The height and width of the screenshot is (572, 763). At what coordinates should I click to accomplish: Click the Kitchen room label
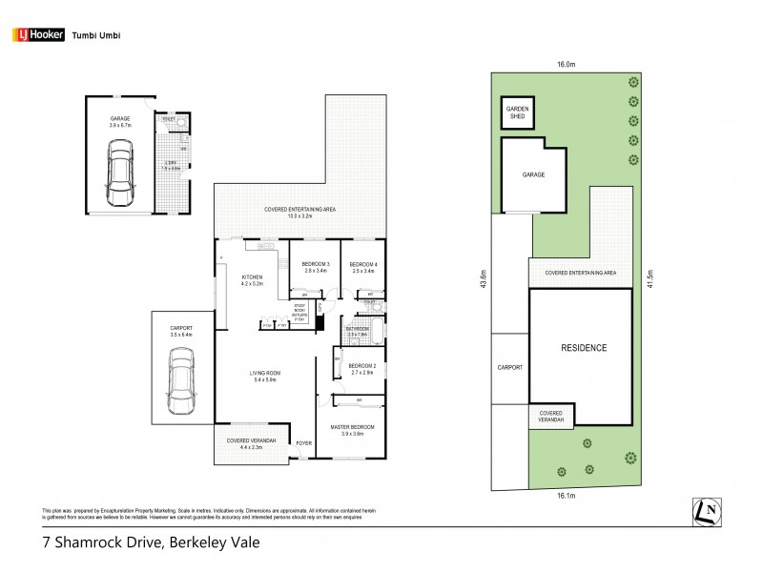tap(251, 279)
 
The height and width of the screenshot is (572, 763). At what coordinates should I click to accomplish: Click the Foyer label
tap(303, 442)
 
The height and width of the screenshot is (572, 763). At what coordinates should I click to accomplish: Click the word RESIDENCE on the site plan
tap(582, 348)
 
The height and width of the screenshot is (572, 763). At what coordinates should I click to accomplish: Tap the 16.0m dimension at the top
tap(567, 66)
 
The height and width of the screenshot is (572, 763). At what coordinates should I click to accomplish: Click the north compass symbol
tap(708, 512)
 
